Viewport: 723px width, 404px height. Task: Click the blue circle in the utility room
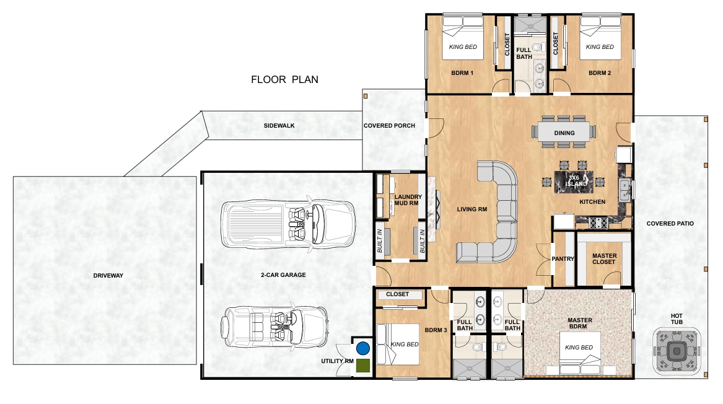click(x=363, y=348)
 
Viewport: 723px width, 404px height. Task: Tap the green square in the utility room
click(x=363, y=365)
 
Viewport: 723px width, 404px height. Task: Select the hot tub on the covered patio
click(x=677, y=351)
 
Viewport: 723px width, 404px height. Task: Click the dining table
click(x=563, y=132)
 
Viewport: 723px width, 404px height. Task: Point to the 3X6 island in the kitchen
click(x=574, y=182)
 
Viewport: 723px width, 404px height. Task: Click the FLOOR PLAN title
click(x=284, y=79)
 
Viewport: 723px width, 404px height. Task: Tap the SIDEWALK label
click(x=279, y=125)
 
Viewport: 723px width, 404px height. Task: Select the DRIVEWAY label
click(x=108, y=275)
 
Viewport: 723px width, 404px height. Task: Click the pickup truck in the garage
click(x=289, y=224)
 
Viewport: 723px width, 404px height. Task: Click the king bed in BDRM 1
click(x=463, y=38)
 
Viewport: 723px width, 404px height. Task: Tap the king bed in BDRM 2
click(x=600, y=38)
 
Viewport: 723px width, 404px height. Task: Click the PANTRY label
click(x=563, y=259)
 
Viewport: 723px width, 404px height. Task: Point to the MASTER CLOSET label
click(x=605, y=259)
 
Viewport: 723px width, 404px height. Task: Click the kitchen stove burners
click(x=598, y=223)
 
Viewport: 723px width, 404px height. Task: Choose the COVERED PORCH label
click(x=389, y=125)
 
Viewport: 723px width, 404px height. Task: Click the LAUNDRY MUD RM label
click(x=408, y=200)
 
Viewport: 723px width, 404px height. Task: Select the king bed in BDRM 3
click(x=398, y=344)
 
